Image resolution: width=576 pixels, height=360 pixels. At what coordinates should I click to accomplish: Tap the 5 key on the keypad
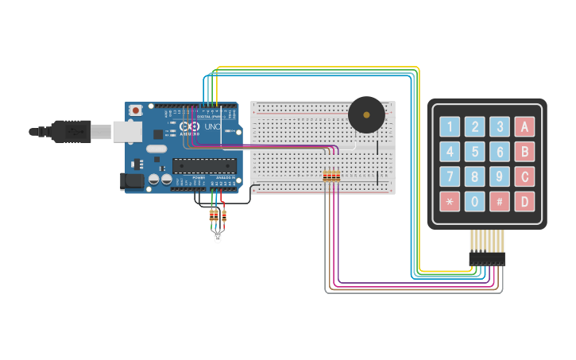point(475,152)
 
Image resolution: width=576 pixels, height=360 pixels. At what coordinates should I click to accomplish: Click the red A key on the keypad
point(524,126)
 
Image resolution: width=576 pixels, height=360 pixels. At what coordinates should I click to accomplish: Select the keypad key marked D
point(524,201)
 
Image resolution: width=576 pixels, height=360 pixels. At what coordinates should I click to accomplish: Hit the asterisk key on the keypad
point(450,201)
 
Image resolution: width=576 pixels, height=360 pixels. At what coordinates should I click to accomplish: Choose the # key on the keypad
point(500,201)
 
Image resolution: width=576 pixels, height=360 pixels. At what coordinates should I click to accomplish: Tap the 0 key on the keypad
point(475,201)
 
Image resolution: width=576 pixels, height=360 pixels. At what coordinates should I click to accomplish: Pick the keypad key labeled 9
point(500,176)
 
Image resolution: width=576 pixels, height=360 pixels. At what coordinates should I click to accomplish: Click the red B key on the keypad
point(524,152)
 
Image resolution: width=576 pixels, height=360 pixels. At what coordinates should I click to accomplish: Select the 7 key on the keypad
point(450,176)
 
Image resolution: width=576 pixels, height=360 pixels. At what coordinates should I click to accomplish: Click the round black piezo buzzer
point(366,115)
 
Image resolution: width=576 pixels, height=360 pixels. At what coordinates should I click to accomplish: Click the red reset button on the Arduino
point(136,110)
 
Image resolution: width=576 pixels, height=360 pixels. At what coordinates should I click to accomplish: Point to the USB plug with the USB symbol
point(75,130)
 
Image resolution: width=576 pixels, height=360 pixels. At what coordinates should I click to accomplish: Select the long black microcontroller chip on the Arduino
point(205,166)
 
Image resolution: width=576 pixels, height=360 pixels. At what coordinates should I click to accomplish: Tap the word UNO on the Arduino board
point(213,127)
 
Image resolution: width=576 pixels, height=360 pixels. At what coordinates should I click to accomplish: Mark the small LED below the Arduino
point(218,236)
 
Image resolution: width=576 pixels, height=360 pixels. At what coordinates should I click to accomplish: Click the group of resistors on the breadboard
point(331,176)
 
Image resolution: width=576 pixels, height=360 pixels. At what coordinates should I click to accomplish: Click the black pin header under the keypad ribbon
point(487,258)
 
